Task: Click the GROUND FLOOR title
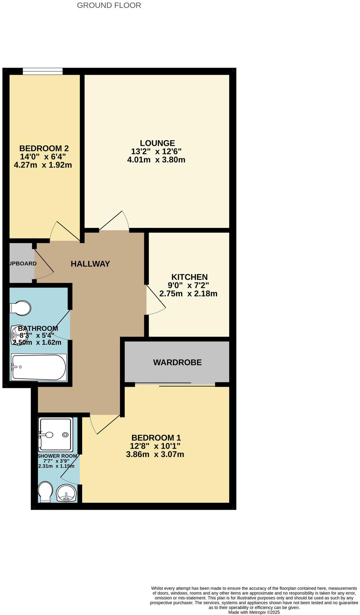pyautogui.click(x=109, y=5)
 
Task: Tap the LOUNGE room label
pyautogui.click(x=157, y=143)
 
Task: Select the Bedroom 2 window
pyautogui.click(x=42, y=71)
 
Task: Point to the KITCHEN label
pyautogui.click(x=190, y=277)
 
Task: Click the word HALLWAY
pyautogui.click(x=90, y=264)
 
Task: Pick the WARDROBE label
pyautogui.click(x=177, y=362)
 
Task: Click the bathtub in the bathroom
pyautogui.click(x=39, y=367)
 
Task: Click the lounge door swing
pyautogui.click(x=114, y=221)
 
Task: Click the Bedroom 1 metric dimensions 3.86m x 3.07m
pyautogui.click(x=155, y=454)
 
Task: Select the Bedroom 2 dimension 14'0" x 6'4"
pyautogui.click(x=44, y=157)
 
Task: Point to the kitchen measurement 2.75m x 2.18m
pyautogui.click(x=188, y=293)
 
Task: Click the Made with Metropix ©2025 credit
pyautogui.click(x=254, y=612)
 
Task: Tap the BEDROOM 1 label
pyautogui.click(x=156, y=437)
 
